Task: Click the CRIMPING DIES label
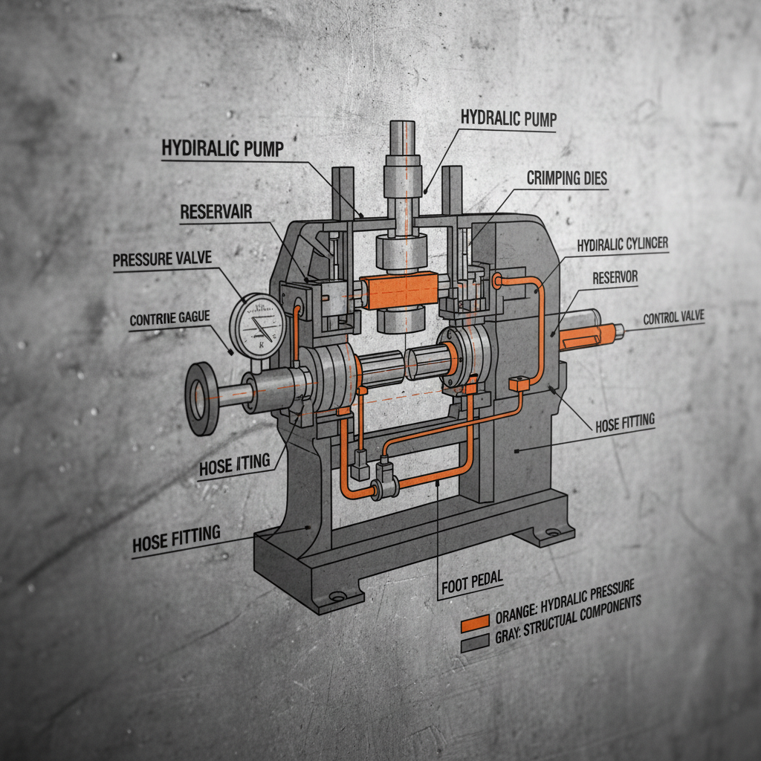click(568, 178)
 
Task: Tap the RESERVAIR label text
click(216, 213)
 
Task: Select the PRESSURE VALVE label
click(162, 261)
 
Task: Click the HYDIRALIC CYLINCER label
click(622, 245)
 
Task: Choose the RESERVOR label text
click(615, 278)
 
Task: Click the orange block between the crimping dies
click(394, 290)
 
